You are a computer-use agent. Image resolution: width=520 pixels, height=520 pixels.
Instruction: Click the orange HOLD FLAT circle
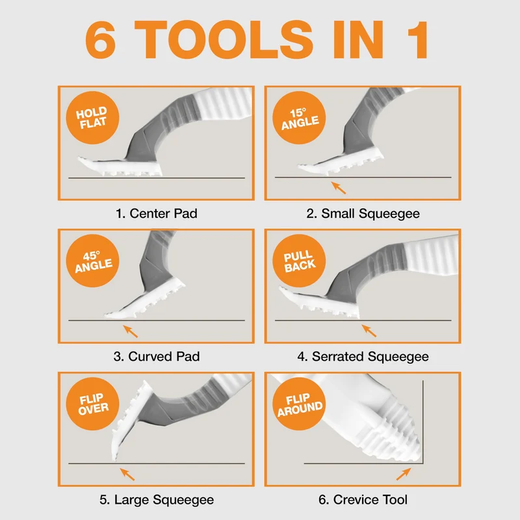click(92, 118)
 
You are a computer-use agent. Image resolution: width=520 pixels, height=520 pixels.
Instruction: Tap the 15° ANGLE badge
click(299, 118)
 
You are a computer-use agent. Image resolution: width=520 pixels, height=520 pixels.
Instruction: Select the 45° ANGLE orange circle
click(92, 261)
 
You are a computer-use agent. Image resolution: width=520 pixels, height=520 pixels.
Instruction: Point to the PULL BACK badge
click(299, 261)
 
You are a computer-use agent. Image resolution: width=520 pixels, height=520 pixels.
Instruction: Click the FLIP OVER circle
click(92, 404)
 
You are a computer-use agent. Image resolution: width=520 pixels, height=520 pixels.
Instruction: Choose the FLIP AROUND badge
click(299, 404)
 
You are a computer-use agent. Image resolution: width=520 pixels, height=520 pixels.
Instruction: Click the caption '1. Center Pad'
click(157, 214)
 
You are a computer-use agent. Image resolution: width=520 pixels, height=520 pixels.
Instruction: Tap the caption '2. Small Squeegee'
click(363, 214)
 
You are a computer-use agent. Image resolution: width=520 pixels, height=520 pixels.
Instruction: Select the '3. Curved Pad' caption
click(157, 356)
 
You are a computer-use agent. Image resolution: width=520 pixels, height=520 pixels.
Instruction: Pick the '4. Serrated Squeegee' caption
click(363, 357)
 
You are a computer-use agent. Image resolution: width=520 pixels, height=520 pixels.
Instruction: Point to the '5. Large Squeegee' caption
click(157, 500)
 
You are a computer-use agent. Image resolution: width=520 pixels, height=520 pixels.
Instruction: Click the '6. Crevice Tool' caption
click(363, 499)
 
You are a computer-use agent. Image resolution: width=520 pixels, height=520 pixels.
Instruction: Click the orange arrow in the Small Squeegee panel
click(338, 187)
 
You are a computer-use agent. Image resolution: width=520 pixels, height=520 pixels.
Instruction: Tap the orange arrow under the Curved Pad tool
click(131, 331)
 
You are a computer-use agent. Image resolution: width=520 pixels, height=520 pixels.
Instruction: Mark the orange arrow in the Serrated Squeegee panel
click(369, 331)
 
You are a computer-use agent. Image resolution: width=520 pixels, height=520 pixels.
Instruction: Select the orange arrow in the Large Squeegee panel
click(127, 474)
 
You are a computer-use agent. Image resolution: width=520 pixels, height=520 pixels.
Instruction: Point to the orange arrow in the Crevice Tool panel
click(404, 474)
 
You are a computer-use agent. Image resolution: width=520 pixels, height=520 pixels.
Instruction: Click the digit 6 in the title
click(101, 40)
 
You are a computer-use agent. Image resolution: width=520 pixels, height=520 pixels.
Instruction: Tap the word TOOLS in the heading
click(224, 40)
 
